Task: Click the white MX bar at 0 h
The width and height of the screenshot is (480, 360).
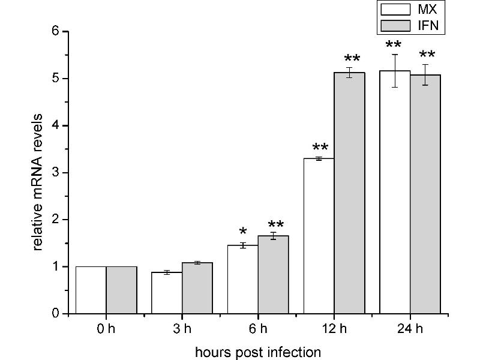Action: tap(91, 290)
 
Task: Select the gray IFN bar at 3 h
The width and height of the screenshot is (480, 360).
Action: tap(197, 288)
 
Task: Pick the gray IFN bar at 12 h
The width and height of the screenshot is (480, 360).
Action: tap(349, 193)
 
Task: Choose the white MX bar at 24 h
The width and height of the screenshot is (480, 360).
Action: tap(395, 192)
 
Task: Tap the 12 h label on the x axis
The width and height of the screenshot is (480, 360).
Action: tap(334, 329)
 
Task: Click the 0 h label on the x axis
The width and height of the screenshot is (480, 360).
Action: tap(106, 329)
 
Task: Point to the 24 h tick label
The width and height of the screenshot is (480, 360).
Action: tap(410, 329)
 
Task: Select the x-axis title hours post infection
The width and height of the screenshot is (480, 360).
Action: tap(258, 351)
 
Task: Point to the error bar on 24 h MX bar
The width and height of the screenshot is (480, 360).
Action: tap(395, 71)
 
